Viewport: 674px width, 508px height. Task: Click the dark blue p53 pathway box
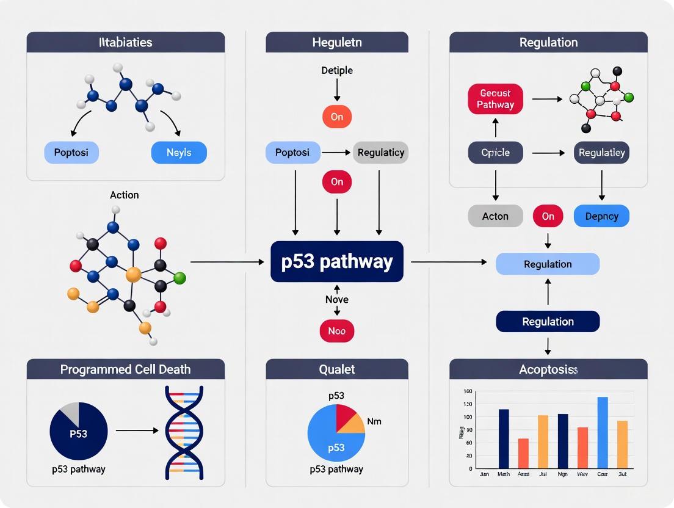336,261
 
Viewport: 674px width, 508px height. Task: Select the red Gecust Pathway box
495,99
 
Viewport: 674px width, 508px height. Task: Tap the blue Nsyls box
178,152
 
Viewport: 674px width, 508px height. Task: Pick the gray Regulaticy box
380,152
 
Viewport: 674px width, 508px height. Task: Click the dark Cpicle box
495,152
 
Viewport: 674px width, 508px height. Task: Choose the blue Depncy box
601,216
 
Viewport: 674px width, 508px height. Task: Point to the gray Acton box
495,216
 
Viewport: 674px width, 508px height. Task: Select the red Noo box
336,330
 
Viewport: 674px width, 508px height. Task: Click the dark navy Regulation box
548,321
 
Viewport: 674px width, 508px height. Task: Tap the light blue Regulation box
548,264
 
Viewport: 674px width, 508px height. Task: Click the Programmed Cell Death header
125,369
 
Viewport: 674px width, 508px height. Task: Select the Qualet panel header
336,369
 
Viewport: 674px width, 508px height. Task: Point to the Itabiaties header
125,43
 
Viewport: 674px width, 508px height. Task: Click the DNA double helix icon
184,432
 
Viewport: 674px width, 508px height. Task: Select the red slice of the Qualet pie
346,416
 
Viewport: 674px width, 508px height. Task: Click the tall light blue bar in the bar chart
603,432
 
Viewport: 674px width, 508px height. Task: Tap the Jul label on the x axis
543,474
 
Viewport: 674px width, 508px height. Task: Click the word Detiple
336,70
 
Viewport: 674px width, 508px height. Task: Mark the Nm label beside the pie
374,421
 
